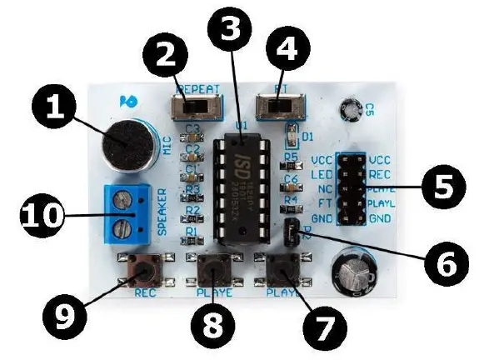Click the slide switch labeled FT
tap(279, 107)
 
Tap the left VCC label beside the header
tap(320, 158)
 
